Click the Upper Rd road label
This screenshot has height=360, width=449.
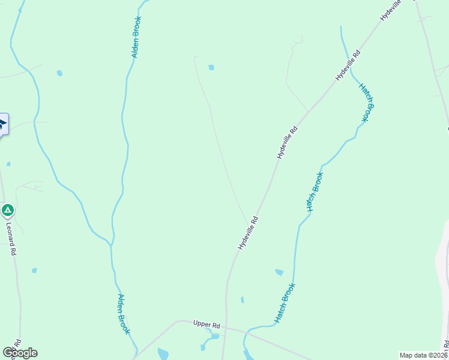click(206, 325)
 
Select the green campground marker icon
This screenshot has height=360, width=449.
click(7, 211)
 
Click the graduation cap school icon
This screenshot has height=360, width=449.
click(2, 125)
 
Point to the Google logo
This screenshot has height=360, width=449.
click(20, 353)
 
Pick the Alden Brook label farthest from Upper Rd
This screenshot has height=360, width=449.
click(137, 37)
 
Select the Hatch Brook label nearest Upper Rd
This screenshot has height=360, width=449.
click(285, 303)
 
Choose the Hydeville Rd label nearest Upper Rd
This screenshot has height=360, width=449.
click(247, 233)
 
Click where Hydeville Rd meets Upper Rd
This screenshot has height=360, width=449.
click(226, 328)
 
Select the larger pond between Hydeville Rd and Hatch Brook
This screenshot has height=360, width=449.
click(279, 272)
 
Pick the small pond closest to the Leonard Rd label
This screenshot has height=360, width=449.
click(34, 270)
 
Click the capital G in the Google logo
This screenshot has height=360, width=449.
click(7, 353)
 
